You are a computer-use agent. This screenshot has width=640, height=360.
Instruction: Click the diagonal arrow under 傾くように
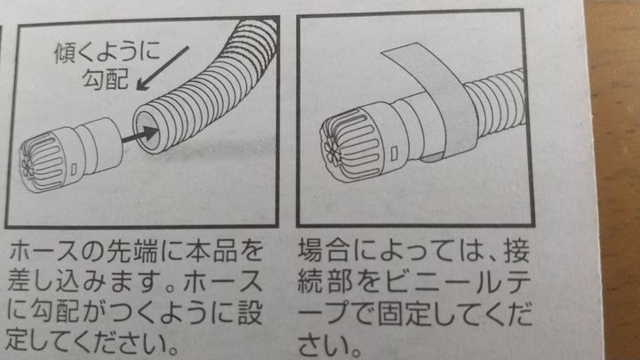tap(163, 68)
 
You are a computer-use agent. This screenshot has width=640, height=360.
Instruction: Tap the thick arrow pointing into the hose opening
tap(140, 135)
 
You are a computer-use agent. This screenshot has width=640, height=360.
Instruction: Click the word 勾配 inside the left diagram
tap(106, 79)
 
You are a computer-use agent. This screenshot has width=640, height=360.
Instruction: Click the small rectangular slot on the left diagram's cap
tap(75, 169)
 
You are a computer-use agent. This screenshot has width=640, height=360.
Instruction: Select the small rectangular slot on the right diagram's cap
tap(395, 154)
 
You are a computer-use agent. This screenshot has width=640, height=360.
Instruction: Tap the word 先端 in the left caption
tap(132, 251)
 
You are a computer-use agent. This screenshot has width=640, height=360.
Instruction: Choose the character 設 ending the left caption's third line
tap(250, 313)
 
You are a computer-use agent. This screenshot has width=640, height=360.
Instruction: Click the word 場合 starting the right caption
tap(324, 251)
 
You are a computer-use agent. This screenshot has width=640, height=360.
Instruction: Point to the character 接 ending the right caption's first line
tap(516, 251)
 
